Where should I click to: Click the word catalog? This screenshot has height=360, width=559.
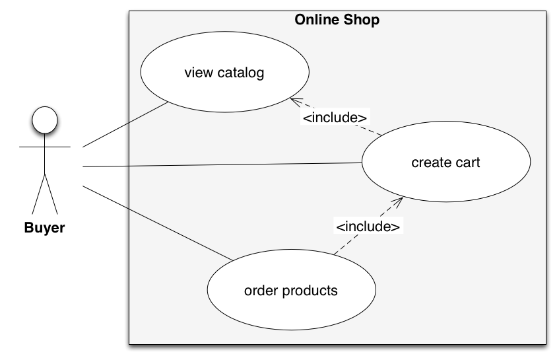(240, 73)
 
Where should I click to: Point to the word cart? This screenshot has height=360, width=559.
(467, 162)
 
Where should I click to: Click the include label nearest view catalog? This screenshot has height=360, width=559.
(335, 118)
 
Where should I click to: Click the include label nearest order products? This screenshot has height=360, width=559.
(368, 227)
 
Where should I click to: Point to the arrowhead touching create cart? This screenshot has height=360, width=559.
(398, 200)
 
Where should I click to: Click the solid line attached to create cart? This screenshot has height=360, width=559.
(244, 164)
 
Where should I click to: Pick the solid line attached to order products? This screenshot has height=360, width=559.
(181, 235)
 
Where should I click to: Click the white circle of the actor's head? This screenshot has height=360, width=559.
(45, 120)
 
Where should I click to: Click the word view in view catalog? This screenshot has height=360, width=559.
(197, 73)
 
